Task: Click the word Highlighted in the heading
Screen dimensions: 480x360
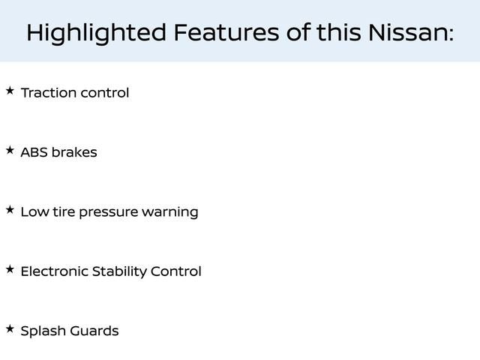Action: [97, 33]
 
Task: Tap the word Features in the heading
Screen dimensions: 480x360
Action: [226, 32]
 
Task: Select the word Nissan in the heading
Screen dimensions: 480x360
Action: [411, 32]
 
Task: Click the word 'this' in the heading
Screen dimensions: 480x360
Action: [338, 32]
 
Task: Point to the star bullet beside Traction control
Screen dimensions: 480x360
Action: [10, 91]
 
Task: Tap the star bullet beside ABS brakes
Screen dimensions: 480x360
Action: [10, 150]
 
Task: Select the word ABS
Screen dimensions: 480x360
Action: [34, 152]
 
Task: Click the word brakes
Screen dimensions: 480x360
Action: [74, 152]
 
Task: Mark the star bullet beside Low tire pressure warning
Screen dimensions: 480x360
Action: [10, 210]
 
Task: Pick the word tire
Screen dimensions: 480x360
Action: [64, 211]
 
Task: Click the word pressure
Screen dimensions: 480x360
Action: [109, 213]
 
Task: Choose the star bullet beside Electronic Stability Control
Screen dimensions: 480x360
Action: [10, 269]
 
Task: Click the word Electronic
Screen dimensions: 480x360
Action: [54, 271]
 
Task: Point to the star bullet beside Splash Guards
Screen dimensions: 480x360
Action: [10, 328]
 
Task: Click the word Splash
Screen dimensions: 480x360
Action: [43, 331]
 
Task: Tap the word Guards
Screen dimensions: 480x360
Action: [94, 331]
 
